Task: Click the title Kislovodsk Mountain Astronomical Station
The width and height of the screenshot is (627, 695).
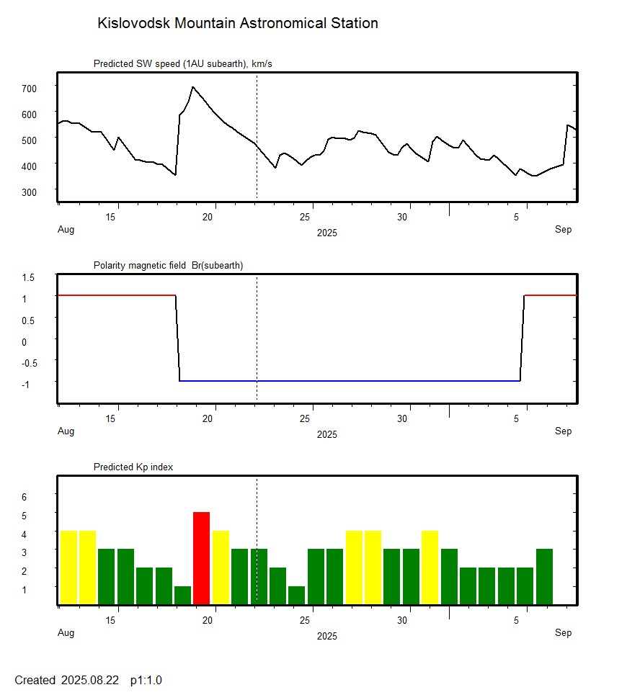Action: tap(237, 23)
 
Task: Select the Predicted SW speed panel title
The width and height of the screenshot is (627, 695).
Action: tap(182, 64)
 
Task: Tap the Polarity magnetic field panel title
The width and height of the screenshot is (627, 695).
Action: tap(168, 266)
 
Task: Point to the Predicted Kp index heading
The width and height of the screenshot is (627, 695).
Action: tap(133, 467)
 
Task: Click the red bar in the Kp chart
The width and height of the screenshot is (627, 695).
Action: tap(201, 557)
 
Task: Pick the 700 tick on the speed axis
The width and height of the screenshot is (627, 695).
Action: tap(29, 88)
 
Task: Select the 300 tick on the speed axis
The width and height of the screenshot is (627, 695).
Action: tap(29, 192)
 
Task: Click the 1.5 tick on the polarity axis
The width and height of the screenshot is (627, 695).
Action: tap(29, 277)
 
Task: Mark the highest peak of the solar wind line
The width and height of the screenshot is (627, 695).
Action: tap(192, 87)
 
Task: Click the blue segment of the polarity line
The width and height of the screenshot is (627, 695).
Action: tap(350, 380)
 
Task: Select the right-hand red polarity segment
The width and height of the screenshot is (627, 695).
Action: tap(550, 295)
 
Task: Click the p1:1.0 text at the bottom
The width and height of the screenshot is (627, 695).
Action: tap(146, 680)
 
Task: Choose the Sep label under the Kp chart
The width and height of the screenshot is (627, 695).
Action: tap(563, 632)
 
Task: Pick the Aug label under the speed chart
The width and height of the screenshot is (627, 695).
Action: tap(66, 230)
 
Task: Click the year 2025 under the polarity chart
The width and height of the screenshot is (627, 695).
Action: tap(326, 434)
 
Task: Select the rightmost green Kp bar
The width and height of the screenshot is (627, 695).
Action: tap(544, 576)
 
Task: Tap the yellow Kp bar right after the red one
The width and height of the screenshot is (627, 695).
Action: tap(221, 567)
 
